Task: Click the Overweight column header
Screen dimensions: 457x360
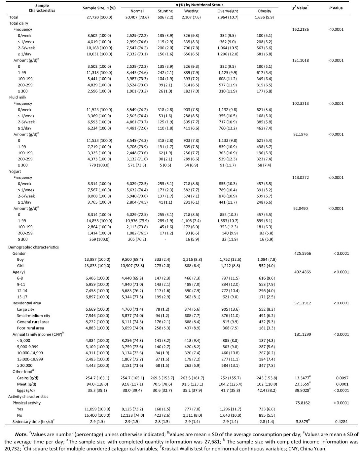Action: pyautogui.click(x=228, y=11)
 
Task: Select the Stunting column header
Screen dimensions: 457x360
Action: pyautogui.click(x=165, y=11)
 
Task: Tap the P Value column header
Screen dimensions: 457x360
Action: pyautogui.click(x=336, y=8)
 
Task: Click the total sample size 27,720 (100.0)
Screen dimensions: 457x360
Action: pyautogui.click(x=99, y=17)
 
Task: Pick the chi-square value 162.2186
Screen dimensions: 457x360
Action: pyautogui.click(x=301, y=29)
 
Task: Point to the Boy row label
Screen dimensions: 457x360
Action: pyautogui.click(x=20, y=260)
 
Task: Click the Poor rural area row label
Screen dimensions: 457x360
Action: pyautogui.click(x=30, y=328)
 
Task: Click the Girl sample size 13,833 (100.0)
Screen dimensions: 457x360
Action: pyautogui.click(x=97, y=266)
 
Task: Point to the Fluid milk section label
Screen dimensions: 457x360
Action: pyautogui.click(x=18, y=97)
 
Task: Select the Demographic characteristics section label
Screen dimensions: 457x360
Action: pyautogui.click(x=33, y=247)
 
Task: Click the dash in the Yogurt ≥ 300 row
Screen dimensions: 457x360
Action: pyautogui.click(x=165, y=239)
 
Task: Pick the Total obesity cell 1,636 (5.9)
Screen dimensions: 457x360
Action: pyautogui.click(x=264, y=17)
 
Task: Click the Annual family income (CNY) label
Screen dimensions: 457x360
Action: pyautogui.click(x=37, y=334)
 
